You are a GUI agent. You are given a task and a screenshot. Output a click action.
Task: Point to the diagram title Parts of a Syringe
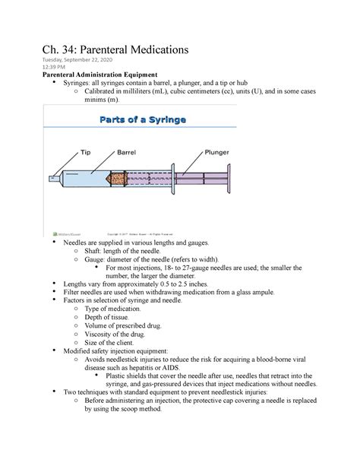tap(143, 119)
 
